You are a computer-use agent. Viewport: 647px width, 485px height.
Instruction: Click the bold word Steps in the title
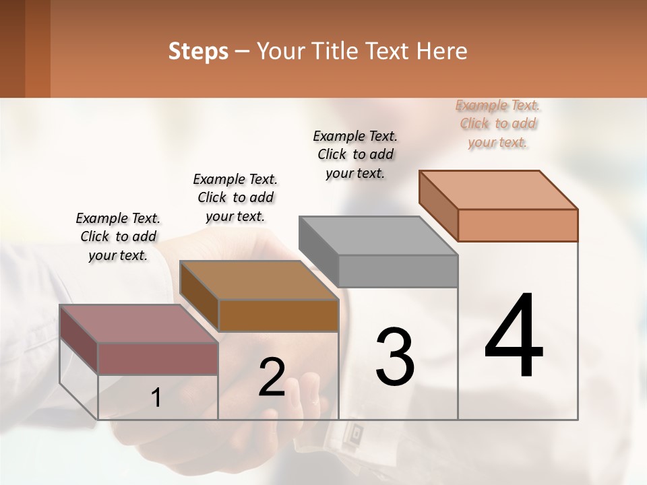pyautogui.click(x=198, y=51)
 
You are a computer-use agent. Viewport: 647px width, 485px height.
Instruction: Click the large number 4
pyautogui.click(x=514, y=337)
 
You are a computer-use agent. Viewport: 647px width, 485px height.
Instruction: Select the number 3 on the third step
pyautogui.click(x=394, y=357)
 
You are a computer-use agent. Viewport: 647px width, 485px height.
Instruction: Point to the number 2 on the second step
pyautogui.click(x=272, y=377)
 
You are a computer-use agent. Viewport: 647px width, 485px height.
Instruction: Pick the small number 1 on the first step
pyautogui.click(x=156, y=398)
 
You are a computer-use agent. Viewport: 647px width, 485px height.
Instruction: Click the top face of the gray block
pyautogui.click(x=377, y=236)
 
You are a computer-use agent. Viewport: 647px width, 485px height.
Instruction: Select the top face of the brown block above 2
pyautogui.click(x=259, y=280)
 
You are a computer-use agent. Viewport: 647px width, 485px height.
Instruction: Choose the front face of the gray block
pyautogui.click(x=398, y=271)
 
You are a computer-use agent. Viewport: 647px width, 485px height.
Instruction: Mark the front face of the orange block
pyautogui.click(x=518, y=225)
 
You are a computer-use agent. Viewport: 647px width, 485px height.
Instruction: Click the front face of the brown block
pyautogui.click(x=278, y=315)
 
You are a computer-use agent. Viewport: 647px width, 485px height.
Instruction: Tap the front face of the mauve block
pyautogui.click(x=158, y=358)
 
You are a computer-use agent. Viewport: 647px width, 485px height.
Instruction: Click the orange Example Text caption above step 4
pyautogui.click(x=498, y=123)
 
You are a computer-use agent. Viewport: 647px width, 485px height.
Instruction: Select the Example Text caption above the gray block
pyautogui.click(x=355, y=154)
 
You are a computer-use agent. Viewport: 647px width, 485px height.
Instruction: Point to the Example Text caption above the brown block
pyautogui.click(x=235, y=197)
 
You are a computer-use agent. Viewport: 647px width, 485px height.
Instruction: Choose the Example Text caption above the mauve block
pyautogui.click(x=118, y=236)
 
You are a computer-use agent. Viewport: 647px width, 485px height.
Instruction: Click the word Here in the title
pyautogui.click(x=442, y=51)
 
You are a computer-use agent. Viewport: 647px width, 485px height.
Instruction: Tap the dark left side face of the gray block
pyautogui.click(x=318, y=251)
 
